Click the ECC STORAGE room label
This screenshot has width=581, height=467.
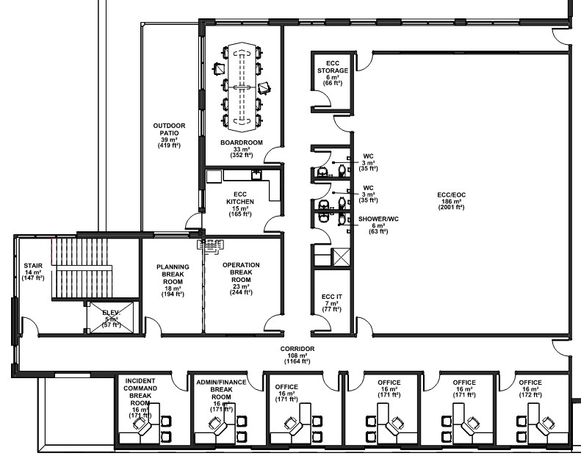pos(333,67)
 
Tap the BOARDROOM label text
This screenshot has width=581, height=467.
pos(242,142)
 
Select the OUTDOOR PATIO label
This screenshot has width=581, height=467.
pos(169,129)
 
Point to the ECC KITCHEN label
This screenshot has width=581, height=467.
pos(240,198)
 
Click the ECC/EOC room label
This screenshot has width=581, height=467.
pos(451,195)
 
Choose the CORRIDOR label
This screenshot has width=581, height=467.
pos(297,349)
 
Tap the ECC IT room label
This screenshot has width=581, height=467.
pos(331,297)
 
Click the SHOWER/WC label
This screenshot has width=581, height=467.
pos(378,219)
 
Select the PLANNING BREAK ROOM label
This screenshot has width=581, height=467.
pos(173,274)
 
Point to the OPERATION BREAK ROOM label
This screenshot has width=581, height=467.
pos(241,272)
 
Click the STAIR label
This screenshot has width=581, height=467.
pos(33,266)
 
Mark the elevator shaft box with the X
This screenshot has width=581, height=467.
pos(112,317)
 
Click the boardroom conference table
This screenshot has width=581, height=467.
pos(242,87)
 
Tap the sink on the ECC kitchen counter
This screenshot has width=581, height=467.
pos(256,175)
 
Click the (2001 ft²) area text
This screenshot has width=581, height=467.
pos(451,207)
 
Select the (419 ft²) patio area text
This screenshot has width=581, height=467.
pos(169,145)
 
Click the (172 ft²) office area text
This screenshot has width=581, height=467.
pos(530,395)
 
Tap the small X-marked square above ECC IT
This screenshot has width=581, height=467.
pos(342,258)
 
